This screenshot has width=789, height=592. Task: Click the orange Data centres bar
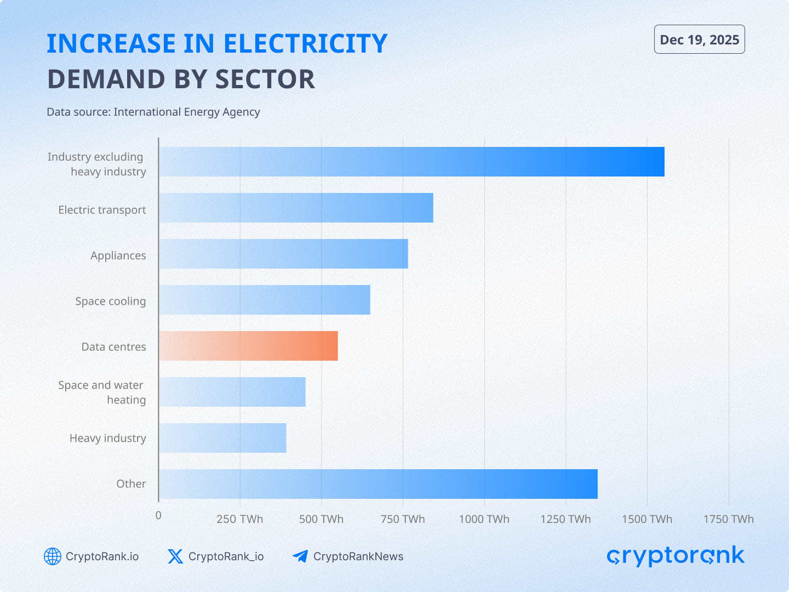[248, 346]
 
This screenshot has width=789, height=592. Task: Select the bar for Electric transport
[296, 208]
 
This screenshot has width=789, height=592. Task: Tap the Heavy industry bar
[222, 438]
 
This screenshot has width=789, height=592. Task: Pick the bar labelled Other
[378, 484]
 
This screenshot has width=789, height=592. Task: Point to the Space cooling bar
[265, 300]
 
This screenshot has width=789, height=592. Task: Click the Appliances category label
[118, 255]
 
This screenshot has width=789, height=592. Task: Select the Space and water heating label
[102, 392]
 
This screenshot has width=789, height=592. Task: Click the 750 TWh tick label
[403, 519]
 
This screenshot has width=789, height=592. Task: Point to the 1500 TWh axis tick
[647, 519]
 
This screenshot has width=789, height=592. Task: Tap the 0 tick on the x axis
[158, 515]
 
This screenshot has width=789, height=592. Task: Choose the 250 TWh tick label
[239, 519]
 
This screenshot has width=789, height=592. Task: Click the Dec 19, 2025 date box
[699, 39]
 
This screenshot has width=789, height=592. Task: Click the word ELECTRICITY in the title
[305, 44]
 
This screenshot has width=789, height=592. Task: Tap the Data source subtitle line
[153, 112]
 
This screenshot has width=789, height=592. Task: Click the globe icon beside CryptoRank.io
[53, 556]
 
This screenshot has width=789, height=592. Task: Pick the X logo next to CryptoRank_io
[175, 556]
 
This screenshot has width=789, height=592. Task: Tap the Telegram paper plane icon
[300, 556]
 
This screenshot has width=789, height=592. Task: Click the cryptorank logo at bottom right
[675, 556]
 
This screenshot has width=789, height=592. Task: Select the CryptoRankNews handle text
[358, 556]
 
